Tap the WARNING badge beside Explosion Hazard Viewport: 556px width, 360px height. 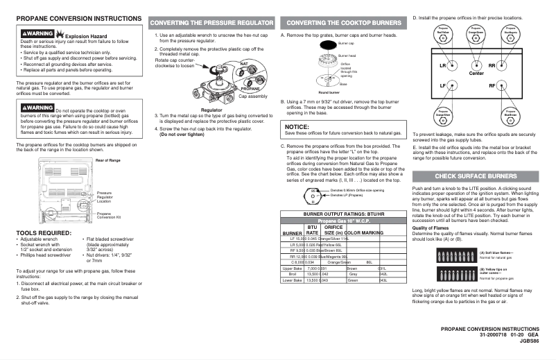[37, 33]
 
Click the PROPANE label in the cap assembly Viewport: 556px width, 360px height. [250, 89]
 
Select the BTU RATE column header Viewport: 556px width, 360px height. [312, 230]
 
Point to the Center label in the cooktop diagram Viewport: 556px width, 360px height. [476, 74]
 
